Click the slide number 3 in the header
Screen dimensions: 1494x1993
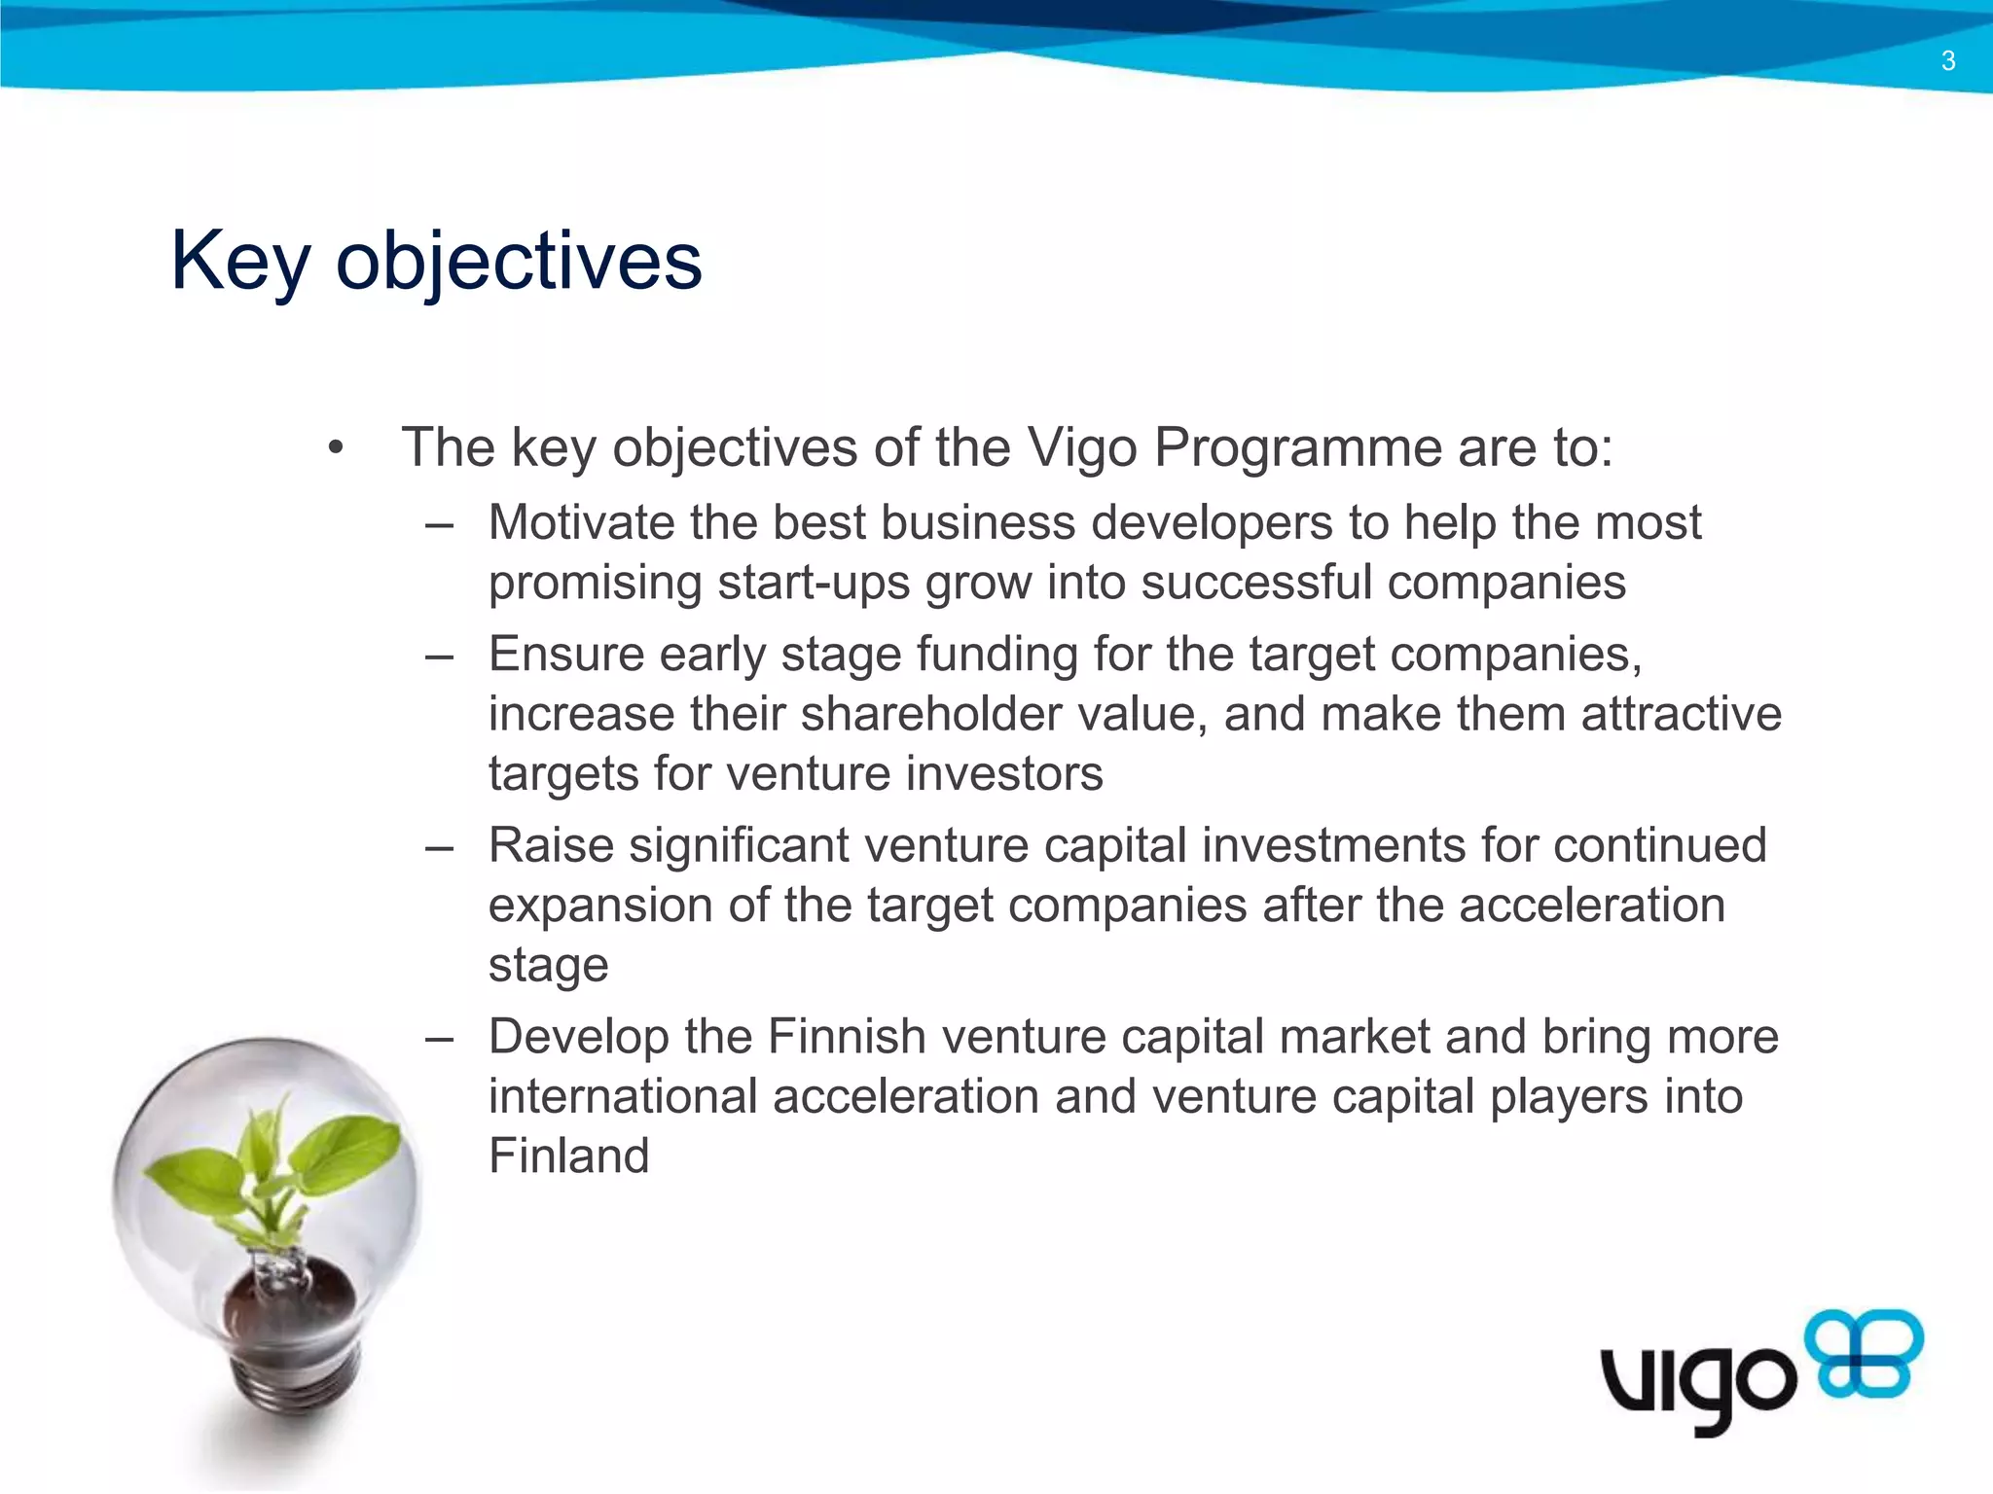coord(1947,61)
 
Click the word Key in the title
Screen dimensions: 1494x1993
coord(240,261)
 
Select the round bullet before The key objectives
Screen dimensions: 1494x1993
coord(336,448)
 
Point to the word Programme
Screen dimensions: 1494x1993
coord(1297,449)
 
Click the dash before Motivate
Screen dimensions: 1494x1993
coord(440,525)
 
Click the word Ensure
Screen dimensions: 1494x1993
coord(565,654)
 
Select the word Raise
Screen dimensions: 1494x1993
coord(551,844)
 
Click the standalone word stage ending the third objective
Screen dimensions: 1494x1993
coord(548,966)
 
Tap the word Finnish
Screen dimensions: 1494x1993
coord(846,1036)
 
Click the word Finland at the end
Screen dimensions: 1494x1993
coord(568,1156)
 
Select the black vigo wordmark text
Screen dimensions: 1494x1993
coord(1698,1381)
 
